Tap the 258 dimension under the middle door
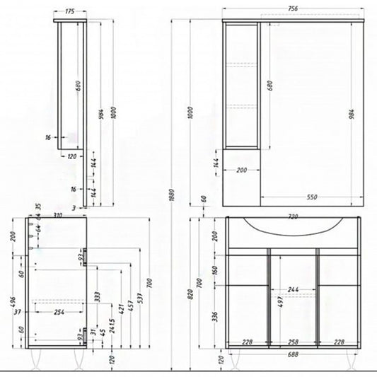(x=293, y=343)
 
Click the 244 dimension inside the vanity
(x=292, y=290)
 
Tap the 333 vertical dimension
(x=95, y=297)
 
